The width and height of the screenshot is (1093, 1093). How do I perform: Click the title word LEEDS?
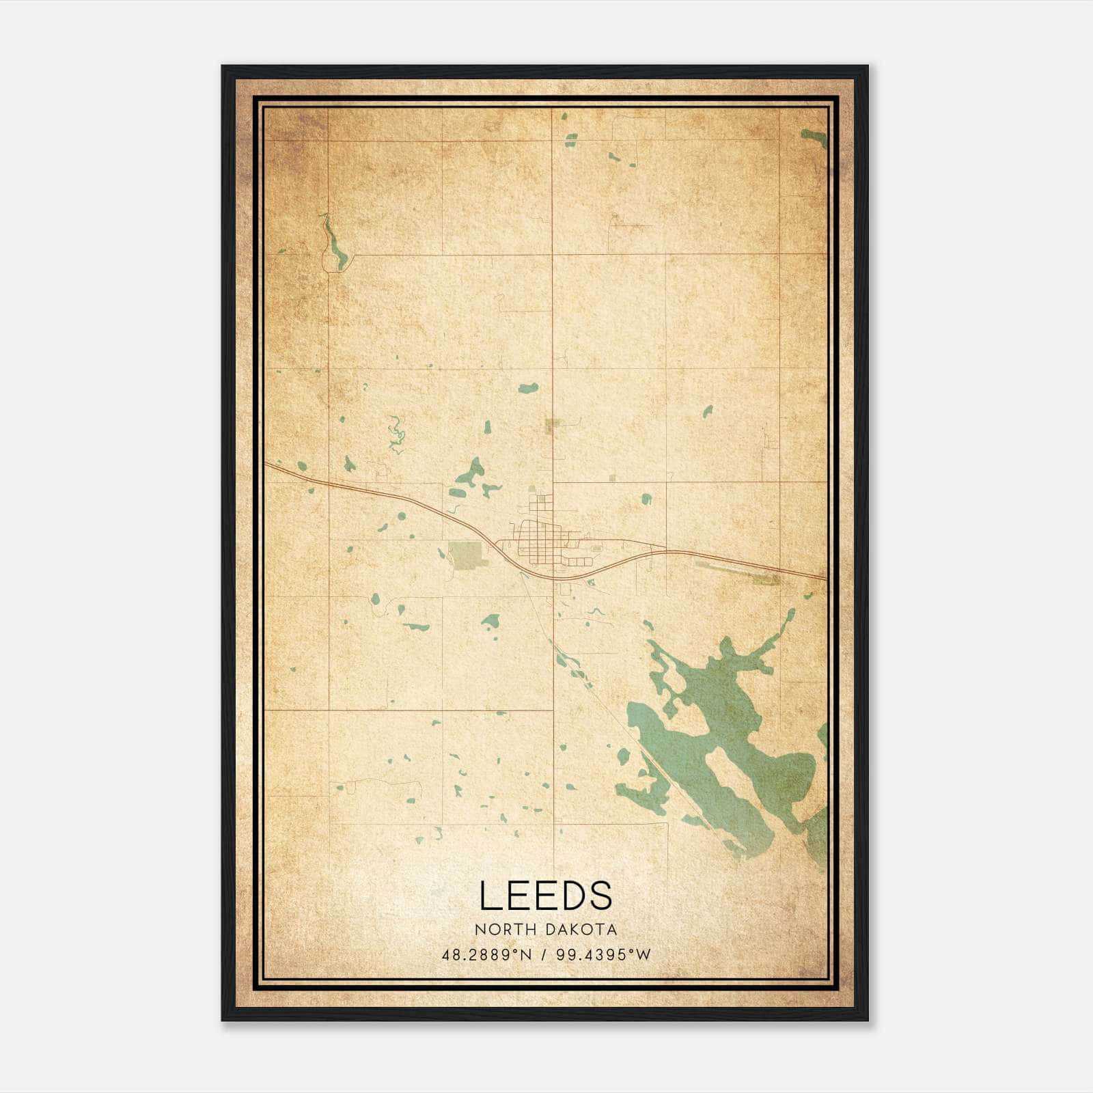click(x=545, y=896)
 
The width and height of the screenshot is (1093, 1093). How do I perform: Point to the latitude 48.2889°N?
click(x=486, y=954)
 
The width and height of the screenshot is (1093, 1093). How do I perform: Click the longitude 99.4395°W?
click(x=604, y=954)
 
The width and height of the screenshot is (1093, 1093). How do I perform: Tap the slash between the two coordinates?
click(x=544, y=954)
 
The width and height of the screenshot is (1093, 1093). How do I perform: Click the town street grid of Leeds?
click(x=540, y=540)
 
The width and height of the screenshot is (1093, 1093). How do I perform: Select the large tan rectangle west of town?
click(x=466, y=553)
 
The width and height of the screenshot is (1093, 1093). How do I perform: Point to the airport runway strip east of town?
click(x=738, y=572)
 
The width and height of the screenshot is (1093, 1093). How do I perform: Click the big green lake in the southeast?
click(x=724, y=751)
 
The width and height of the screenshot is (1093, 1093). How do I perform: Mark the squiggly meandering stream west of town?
click(x=395, y=434)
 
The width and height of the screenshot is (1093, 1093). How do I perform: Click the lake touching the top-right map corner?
click(x=814, y=137)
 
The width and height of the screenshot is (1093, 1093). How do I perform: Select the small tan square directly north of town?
click(x=553, y=426)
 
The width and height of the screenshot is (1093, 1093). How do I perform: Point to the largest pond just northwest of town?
click(x=470, y=471)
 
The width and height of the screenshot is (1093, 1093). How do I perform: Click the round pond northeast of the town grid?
click(x=646, y=498)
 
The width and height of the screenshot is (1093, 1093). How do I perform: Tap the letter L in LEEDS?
click(x=489, y=896)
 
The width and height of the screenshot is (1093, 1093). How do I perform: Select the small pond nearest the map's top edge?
click(x=564, y=117)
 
